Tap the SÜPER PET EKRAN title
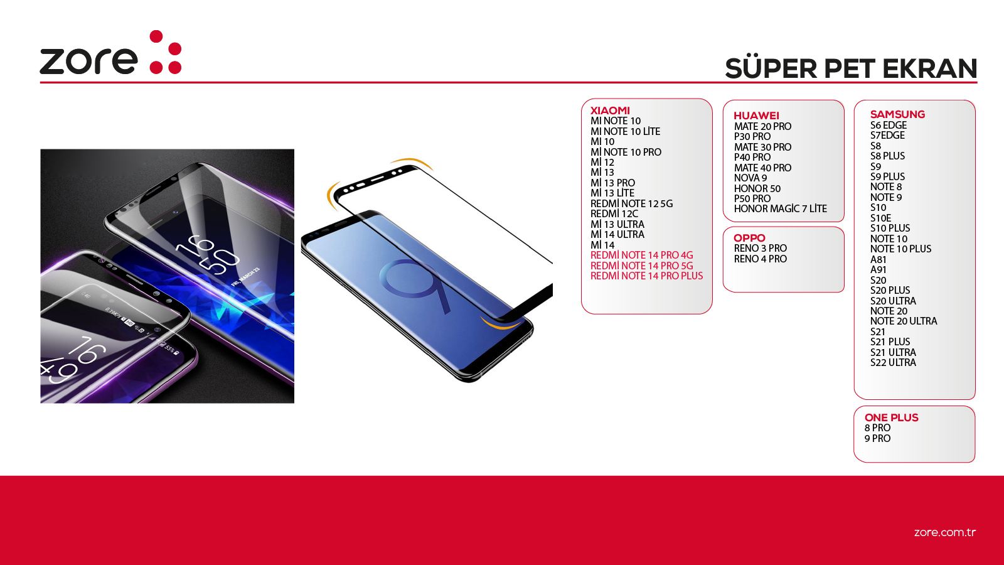(851, 68)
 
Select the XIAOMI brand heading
(610, 110)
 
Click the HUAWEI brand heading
(757, 116)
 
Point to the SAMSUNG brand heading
(897, 114)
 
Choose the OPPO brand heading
(749, 238)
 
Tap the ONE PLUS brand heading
(892, 417)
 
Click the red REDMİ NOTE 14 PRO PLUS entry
(646, 276)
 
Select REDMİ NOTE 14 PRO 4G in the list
(641, 255)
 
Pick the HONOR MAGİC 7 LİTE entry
(781, 208)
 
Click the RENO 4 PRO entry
(760, 259)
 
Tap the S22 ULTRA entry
(893, 362)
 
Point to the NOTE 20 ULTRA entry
(904, 321)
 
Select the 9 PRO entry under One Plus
(878, 439)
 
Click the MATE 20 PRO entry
(762, 126)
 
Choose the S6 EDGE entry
(889, 125)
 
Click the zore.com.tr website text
(945, 532)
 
